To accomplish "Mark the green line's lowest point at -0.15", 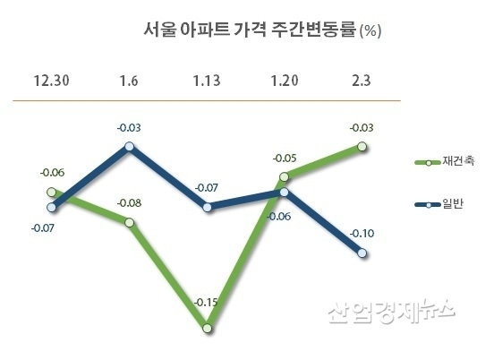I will click(208, 329).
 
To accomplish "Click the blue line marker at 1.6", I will click(130, 145).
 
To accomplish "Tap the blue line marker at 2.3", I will click(362, 254).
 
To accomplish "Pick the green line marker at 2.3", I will click(362, 146).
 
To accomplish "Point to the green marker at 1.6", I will click(130, 222).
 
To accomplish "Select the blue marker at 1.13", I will click(208, 207).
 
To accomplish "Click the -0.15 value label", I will click(207, 302).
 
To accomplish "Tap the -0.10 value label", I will click(362, 233).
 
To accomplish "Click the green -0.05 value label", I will click(285, 158).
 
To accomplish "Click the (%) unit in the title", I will click(370, 32).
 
